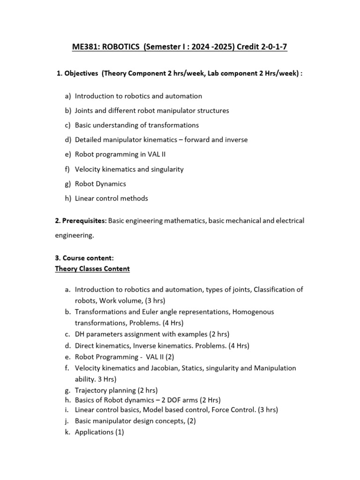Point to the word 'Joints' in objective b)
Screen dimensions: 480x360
click(x=85, y=111)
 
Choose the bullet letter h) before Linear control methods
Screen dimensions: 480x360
click(x=68, y=198)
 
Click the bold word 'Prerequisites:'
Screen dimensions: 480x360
click(x=81, y=220)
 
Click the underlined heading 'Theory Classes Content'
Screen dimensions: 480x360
click(x=92, y=269)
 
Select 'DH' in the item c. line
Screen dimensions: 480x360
click(x=80, y=334)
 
